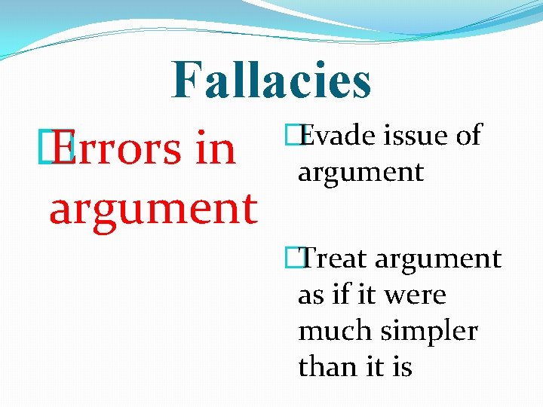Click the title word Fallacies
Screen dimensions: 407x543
click(271, 81)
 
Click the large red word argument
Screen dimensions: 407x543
click(153, 208)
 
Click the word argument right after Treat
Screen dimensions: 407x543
click(438, 259)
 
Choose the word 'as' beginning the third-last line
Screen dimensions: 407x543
click(311, 295)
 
